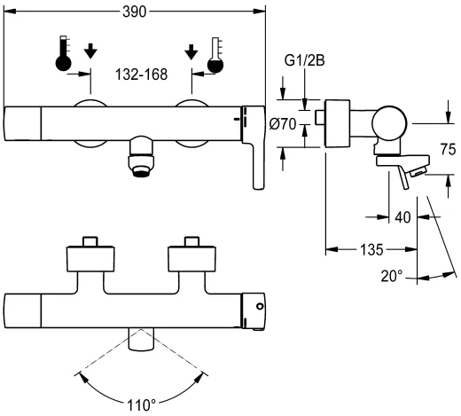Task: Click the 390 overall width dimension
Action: point(134,12)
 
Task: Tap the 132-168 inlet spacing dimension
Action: point(141,75)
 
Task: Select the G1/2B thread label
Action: point(304,60)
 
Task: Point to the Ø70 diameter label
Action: point(283,124)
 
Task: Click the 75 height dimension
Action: point(448,149)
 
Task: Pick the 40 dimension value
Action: point(402,217)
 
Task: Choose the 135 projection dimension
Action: point(371,250)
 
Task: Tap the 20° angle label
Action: point(391,276)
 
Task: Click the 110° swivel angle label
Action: point(141,405)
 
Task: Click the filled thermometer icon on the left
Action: point(63,53)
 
